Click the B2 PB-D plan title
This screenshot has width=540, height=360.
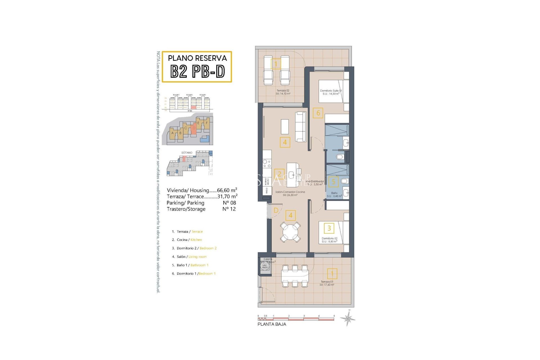coord(197,71)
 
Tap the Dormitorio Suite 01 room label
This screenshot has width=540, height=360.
coord(331,92)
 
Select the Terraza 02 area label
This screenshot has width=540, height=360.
coord(283,92)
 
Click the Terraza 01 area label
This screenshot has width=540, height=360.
coord(327,283)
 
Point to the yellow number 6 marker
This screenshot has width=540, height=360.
coord(318,113)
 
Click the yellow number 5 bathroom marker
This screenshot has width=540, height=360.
coord(334,182)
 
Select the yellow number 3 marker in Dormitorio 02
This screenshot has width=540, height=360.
coord(329,228)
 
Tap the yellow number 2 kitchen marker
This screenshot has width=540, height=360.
coord(279,174)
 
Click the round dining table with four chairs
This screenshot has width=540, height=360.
coord(291,231)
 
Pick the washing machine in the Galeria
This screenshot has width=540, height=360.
coord(265,266)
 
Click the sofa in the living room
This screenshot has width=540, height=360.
coord(301,127)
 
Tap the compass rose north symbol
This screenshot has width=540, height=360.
coord(348,319)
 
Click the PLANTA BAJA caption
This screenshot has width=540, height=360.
coord(272,324)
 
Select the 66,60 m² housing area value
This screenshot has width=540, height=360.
coord(227,190)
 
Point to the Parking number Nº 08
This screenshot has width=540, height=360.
coord(229,203)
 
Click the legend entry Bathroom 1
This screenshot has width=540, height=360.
coord(199,265)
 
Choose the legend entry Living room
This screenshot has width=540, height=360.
coord(197,257)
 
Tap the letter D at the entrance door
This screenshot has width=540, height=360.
coord(276,210)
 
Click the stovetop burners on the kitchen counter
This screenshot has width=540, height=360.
coord(267,164)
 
